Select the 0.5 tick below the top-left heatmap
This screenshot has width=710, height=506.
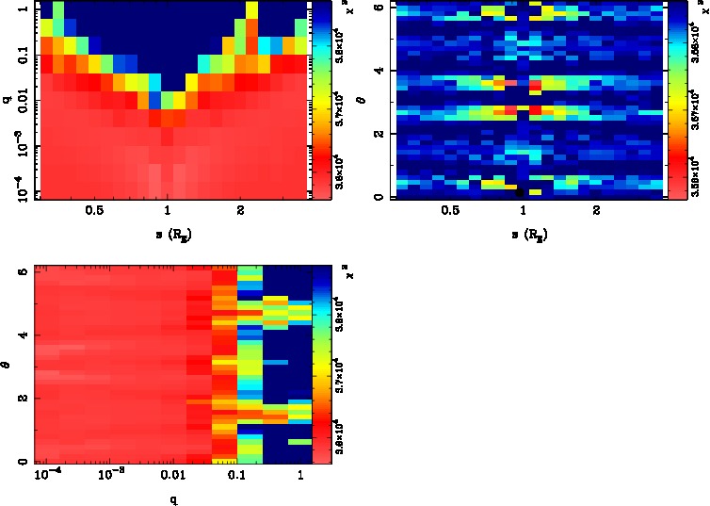coord(94,211)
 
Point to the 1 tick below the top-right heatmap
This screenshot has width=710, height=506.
coord(523,211)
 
